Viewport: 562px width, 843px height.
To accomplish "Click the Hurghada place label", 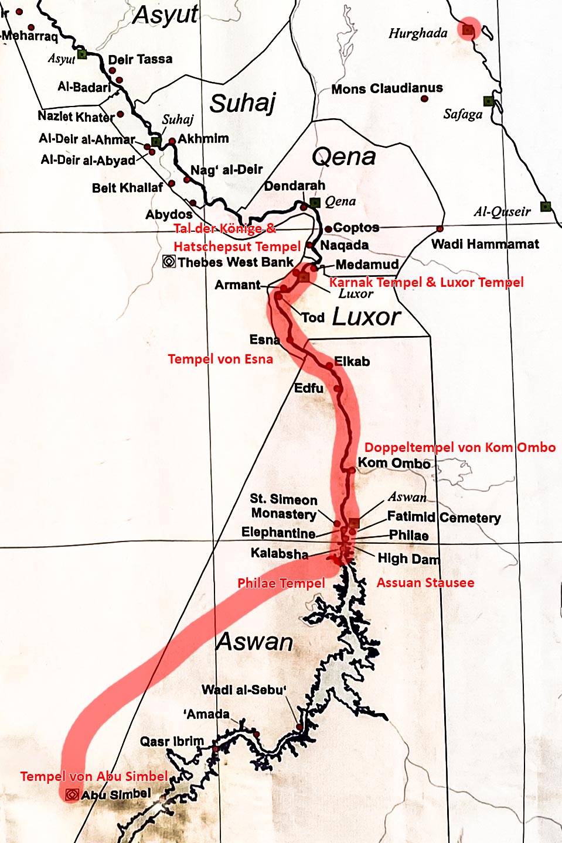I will tap(418, 33).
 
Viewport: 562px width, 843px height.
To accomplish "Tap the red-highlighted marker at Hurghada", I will tap(468, 29).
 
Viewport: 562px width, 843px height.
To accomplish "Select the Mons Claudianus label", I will tap(387, 88).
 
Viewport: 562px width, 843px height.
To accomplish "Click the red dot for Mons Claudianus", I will tap(424, 99).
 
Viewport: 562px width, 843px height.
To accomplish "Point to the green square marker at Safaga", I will tap(488, 101).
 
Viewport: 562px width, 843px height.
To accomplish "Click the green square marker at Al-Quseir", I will tap(546, 206).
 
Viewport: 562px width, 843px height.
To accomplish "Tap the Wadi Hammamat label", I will tap(485, 244).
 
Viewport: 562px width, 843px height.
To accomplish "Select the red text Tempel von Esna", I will tap(220, 359).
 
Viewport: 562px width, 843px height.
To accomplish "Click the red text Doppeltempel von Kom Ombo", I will tap(459, 447).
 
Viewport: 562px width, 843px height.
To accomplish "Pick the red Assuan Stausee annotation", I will tap(425, 582).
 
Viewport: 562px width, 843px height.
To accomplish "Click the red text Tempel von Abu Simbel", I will tap(94, 776).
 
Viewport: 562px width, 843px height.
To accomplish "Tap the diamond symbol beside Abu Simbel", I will tap(72, 794).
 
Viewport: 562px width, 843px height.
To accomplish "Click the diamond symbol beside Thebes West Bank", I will tap(169, 262).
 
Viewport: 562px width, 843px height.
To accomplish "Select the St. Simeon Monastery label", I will tap(284, 506).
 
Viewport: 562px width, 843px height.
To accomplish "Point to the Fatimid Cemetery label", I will tap(444, 517).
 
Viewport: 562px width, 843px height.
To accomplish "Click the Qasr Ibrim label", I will tap(171, 742).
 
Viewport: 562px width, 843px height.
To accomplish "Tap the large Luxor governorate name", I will tap(366, 317).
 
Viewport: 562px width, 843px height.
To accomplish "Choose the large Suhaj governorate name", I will tap(243, 103).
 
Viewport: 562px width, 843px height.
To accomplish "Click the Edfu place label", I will tap(308, 388).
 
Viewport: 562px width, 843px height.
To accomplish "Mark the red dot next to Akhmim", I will tap(172, 141).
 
